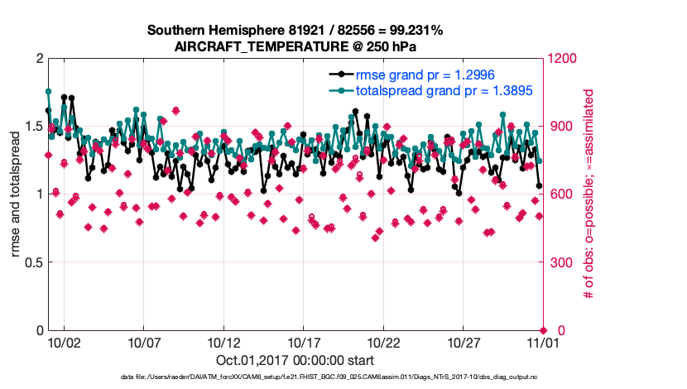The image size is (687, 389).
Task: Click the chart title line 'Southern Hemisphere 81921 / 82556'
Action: (x=295, y=31)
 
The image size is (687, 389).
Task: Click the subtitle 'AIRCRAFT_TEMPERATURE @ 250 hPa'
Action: (x=295, y=46)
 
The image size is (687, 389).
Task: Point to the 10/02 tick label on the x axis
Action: (x=65, y=342)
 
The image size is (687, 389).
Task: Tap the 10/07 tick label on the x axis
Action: (x=144, y=342)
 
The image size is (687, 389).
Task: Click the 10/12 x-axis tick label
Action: (x=223, y=342)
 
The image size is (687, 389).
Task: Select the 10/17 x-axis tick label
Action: (x=304, y=342)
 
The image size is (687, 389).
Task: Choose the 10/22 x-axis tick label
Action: (x=383, y=342)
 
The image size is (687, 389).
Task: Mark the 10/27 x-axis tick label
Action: (x=464, y=342)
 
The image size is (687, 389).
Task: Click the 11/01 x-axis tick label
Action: (x=543, y=342)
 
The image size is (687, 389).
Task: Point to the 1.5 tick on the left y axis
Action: (x=33, y=126)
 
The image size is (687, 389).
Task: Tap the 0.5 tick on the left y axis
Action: (x=33, y=262)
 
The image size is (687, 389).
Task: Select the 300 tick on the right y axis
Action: (x=560, y=262)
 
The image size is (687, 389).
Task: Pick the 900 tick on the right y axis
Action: (x=560, y=126)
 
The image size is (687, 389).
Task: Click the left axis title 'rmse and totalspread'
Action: (x=17, y=194)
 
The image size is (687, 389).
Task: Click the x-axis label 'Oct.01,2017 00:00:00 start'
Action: (x=295, y=360)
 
